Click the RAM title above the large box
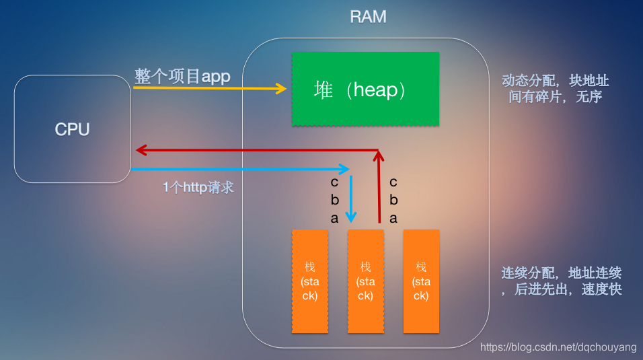click(x=368, y=17)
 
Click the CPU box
click(x=72, y=129)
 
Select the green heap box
click(x=365, y=89)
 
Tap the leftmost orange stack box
click(x=310, y=281)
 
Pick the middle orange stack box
click(x=365, y=281)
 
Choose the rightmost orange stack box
click(x=421, y=281)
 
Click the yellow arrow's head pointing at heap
click(x=282, y=87)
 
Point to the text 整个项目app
click(x=182, y=76)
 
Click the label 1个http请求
click(x=198, y=188)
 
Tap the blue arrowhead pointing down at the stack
click(x=350, y=217)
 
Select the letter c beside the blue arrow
click(x=334, y=182)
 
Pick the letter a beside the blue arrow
click(x=334, y=218)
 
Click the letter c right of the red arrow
click(x=393, y=182)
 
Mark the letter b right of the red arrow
click(x=393, y=200)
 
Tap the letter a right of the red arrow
click(x=393, y=218)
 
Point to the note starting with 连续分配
click(x=561, y=281)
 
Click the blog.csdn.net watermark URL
click(x=558, y=347)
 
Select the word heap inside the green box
click(x=373, y=89)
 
